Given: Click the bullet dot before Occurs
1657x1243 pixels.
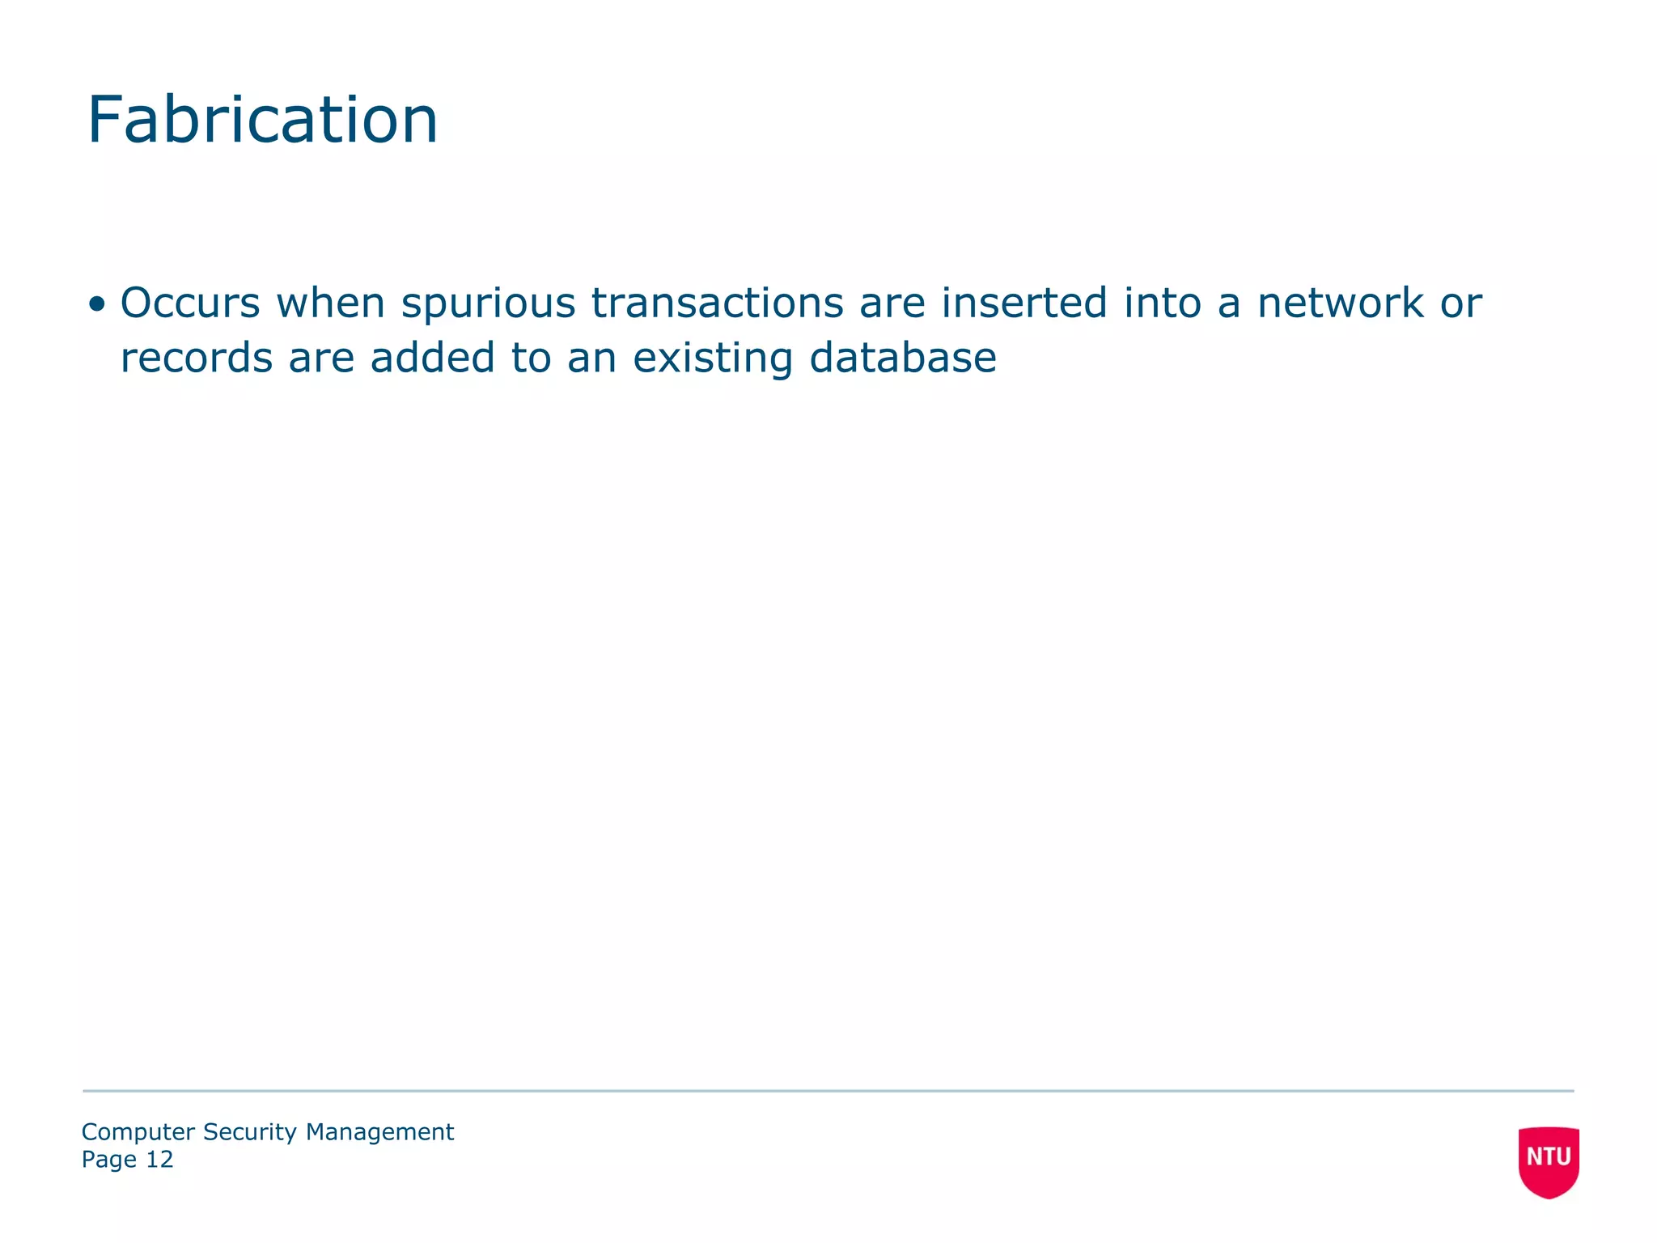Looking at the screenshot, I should pyautogui.click(x=97, y=305).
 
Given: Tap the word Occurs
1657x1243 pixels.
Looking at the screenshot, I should pyautogui.click(x=190, y=303).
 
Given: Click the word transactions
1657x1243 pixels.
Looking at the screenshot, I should pyautogui.click(x=718, y=303).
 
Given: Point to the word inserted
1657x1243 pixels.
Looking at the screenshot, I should pyautogui.click(x=1023, y=303).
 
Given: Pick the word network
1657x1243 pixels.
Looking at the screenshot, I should pyautogui.click(x=1341, y=303).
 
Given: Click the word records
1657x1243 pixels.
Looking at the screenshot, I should pyautogui.click(x=197, y=358).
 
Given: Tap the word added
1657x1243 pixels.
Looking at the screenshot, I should pyautogui.click(x=433, y=358).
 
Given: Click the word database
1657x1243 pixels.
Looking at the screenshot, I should pyautogui.click(x=903, y=358).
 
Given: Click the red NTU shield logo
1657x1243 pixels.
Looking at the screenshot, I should pyautogui.click(x=1549, y=1160).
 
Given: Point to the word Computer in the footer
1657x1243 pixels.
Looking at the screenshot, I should pyautogui.click(x=138, y=1132).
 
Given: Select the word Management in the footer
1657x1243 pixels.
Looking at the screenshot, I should pyautogui.click(x=379, y=1132).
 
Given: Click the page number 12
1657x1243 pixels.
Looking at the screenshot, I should pyautogui.click(x=159, y=1160).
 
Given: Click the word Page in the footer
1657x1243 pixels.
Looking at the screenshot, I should pyautogui.click(x=108, y=1160).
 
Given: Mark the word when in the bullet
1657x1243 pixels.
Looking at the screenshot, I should pyautogui.click(x=331, y=303).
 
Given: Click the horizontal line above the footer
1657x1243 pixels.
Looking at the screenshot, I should pyautogui.click(x=828, y=1091).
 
